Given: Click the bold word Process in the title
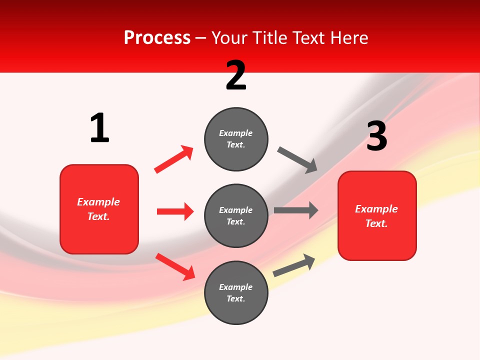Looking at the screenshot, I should click(x=157, y=38).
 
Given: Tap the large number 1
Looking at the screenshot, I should click(x=99, y=128).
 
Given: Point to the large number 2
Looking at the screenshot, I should click(x=236, y=75).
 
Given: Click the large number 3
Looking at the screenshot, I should click(x=376, y=136).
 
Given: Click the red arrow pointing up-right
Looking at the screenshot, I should click(x=174, y=159).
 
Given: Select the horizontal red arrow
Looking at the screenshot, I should click(x=175, y=211).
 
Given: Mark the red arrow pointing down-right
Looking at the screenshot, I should click(x=175, y=266).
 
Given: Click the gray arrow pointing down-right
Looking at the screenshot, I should click(x=297, y=160).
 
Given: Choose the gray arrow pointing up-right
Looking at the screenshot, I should click(x=294, y=265).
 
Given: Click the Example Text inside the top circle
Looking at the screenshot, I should click(x=236, y=139).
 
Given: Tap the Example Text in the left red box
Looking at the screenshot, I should click(x=98, y=209).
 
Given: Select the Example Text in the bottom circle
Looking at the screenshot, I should click(x=236, y=293).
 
